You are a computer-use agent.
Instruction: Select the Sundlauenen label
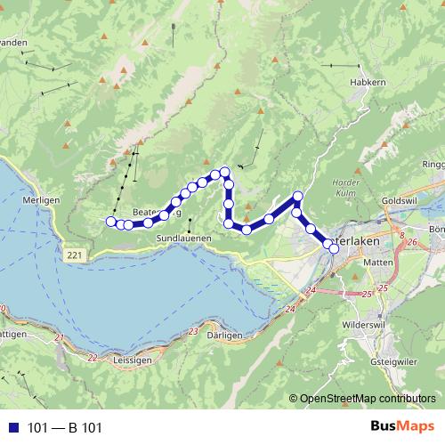pyautogui.click(x=183, y=239)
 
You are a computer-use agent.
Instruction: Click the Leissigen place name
pyautogui.click(x=133, y=360)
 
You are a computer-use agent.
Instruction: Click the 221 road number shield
pyautogui.click(x=77, y=255)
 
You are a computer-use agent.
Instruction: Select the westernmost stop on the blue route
pyautogui.click(x=111, y=222)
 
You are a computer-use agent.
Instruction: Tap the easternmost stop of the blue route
pyautogui.click(x=335, y=248)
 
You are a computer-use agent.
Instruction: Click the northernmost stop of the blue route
pyautogui.click(x=225, y=171)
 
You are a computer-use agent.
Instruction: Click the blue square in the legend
pyautogui.click(x=13, y=428)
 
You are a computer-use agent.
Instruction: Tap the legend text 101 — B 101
pyautogui.click(x=64, y=428)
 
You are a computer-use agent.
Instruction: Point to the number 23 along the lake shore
pyautogui.click(x=194, y=331)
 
